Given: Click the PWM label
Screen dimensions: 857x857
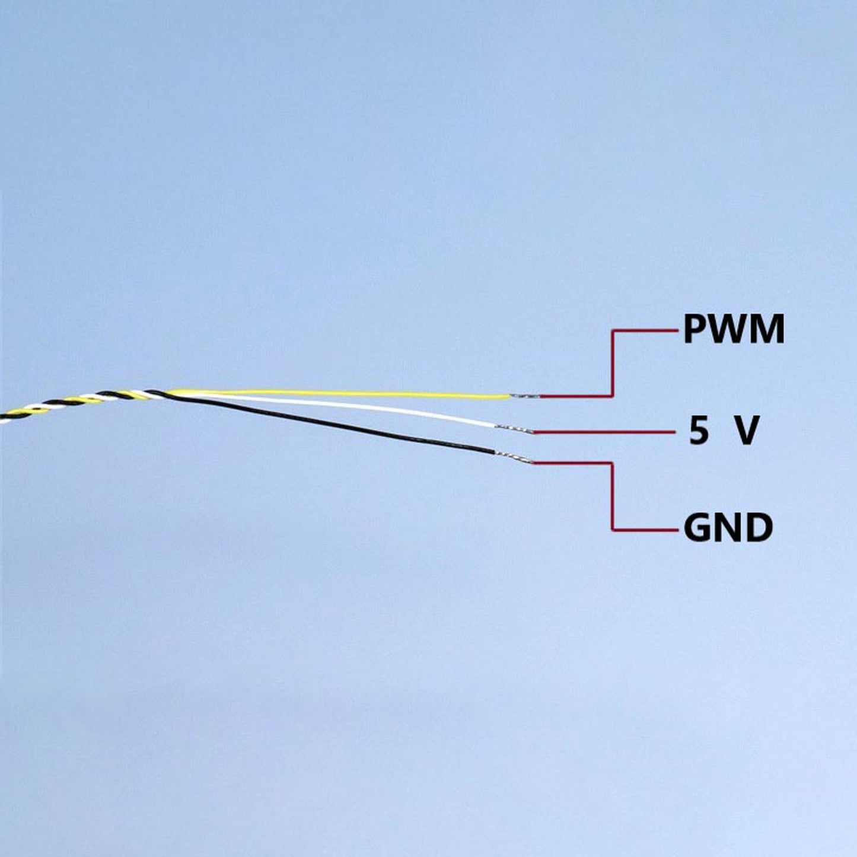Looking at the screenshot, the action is (x=734, y=329).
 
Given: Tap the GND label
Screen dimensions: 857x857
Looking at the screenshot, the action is (x=728, y=528).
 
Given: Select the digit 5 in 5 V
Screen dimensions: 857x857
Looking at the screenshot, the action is (x=699, y=431).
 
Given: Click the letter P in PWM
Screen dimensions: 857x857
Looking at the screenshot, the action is (x=694, y=329).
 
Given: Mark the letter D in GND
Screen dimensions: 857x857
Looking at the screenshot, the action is (x=759, y=528).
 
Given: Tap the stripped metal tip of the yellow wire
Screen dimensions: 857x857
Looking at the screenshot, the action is (x=525, y=396).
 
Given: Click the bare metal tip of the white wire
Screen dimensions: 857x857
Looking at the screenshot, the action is (x=514, y=429).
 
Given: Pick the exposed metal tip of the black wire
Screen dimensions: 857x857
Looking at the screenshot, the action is (x=514, y=458).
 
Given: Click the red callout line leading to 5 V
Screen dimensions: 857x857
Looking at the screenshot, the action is (x=605, y=432).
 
